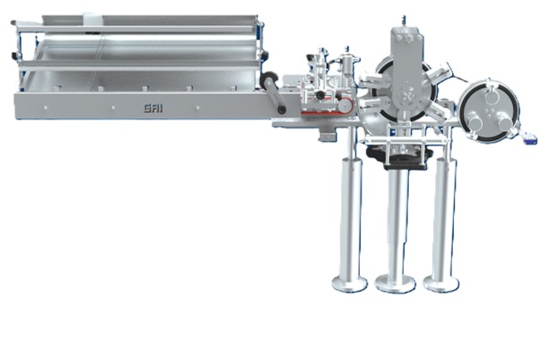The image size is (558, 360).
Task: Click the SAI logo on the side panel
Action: click(x=153, y=108)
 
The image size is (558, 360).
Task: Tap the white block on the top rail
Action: click(x=93, y=19)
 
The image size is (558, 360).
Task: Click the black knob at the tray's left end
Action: click(x=14, y=56)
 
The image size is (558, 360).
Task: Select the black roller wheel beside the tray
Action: click(x=268, y=80)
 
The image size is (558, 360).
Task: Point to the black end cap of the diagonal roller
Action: click(x=282, y=110)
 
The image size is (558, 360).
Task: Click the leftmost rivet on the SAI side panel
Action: click(x=46, y=107)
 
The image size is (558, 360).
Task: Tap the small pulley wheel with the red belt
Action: click(x=344, y=105)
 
